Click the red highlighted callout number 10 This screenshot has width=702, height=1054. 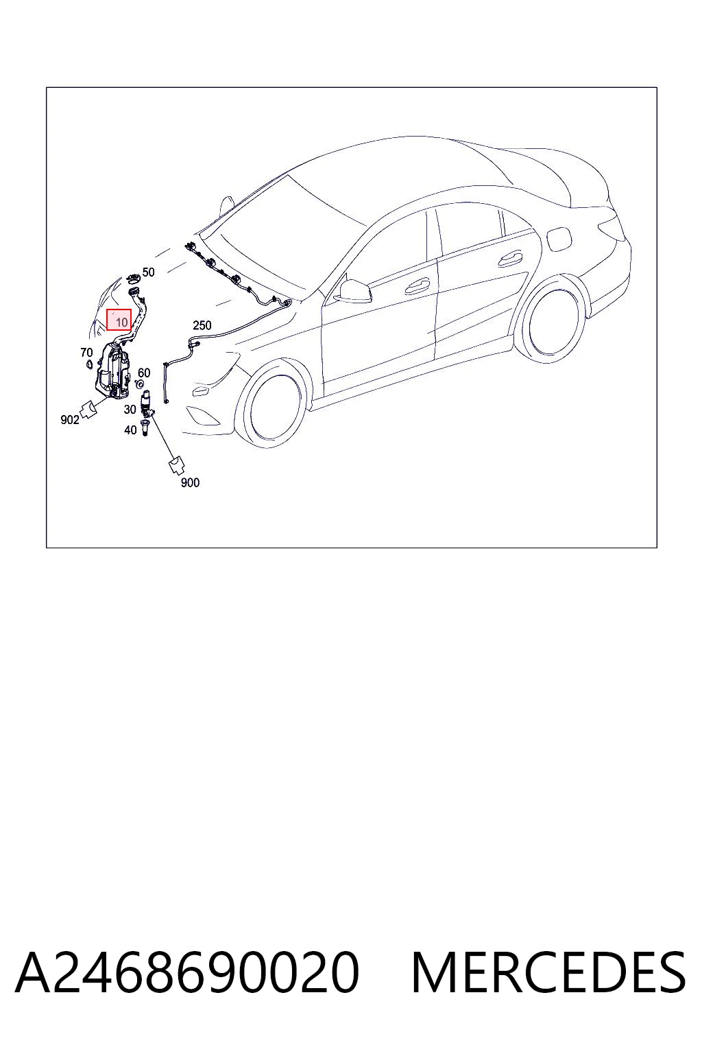point(119,320)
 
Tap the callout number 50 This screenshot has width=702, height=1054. point(148,272)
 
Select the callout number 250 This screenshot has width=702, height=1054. point(202,325)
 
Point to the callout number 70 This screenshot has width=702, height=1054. point(86,353)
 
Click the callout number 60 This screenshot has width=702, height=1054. point(144,373)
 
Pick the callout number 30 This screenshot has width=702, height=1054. point(130,410)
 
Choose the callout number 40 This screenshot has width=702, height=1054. point(130,430)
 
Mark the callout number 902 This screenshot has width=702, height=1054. point(70,420)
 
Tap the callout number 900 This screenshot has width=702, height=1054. point(190,482)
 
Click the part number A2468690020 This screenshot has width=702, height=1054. point(187,972)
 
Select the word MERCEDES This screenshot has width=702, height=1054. point(548,972)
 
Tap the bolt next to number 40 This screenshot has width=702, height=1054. point(145,429)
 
